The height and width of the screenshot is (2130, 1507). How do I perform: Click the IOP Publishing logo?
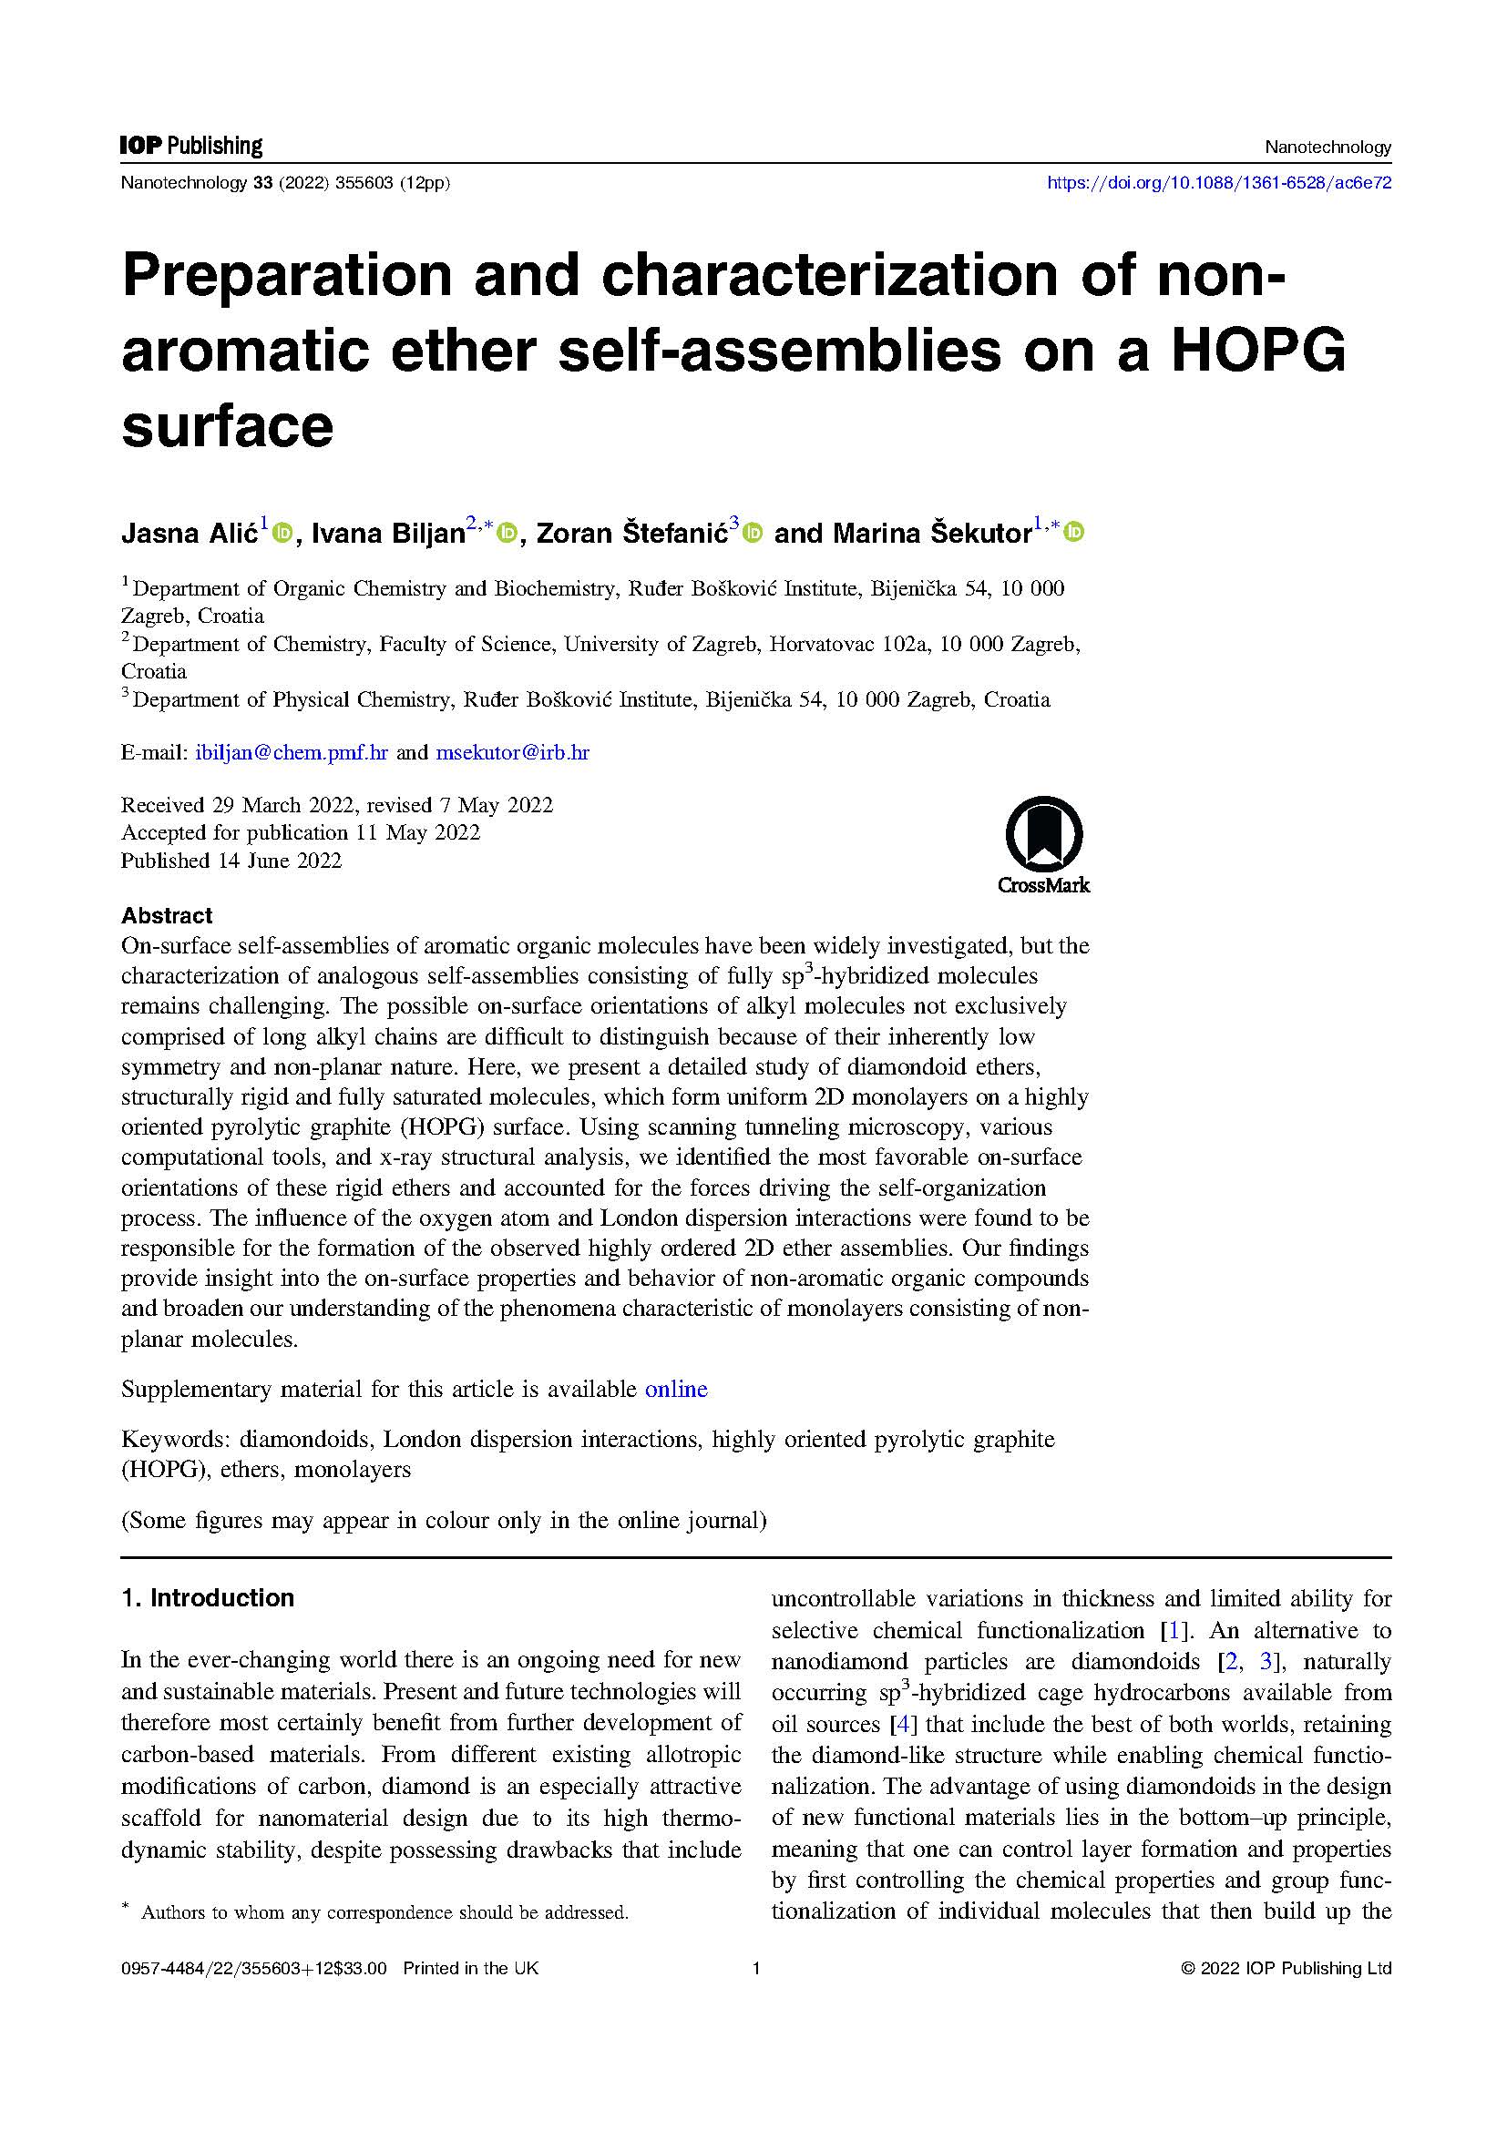pos(191,146)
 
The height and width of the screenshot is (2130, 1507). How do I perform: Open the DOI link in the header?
pos(1218,184)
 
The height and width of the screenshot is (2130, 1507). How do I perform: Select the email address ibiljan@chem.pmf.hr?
pos(292,752)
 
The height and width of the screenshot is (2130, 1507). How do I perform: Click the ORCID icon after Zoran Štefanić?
pos(753,533)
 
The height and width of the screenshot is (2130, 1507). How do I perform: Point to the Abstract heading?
pos(167,915)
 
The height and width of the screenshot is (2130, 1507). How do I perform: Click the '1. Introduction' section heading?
pos(208,1597)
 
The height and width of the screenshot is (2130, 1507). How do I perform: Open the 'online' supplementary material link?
pos(675,1389)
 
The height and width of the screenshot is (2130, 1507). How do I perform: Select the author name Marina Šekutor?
pos(932,534)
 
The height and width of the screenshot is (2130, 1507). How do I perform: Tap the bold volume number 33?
pos(262,184)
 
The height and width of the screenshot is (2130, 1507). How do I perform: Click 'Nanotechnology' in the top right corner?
pos(1328,147)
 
